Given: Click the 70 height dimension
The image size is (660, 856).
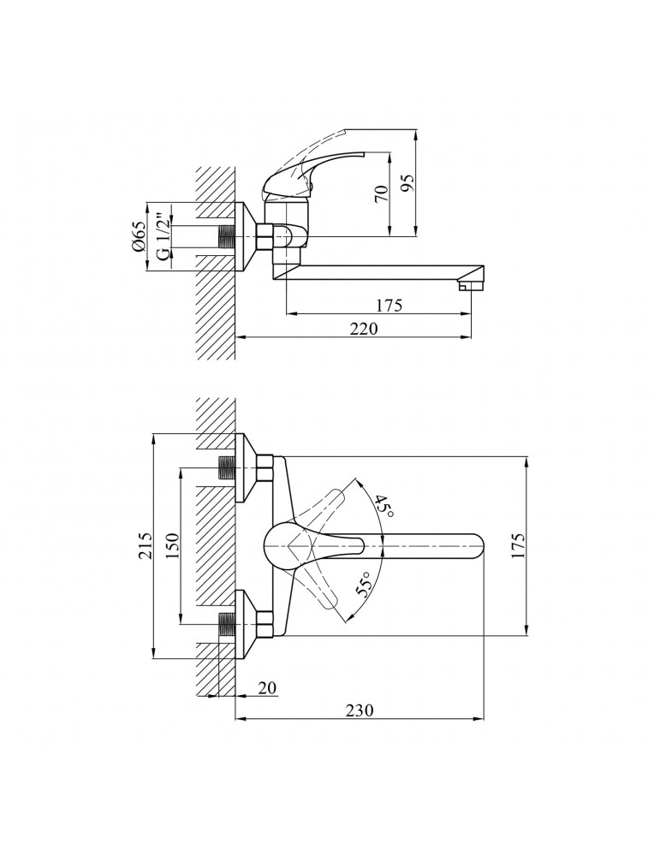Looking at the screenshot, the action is coord(382,193).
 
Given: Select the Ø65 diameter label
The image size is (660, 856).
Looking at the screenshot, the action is coord(138,236).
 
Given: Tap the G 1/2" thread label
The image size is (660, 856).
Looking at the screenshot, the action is coord(162,238).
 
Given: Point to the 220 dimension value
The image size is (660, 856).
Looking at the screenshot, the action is coord(363,329).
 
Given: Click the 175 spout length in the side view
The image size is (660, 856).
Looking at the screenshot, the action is coord(388,305).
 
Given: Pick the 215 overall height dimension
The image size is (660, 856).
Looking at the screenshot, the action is coord(144,546).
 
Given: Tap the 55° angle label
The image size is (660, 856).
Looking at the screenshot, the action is coord(364,584).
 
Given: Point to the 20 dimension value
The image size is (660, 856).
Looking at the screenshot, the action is coord(267,688).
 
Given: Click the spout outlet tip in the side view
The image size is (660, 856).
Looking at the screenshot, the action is coord(472,285).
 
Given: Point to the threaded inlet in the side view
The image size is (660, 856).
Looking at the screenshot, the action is coord(226,237).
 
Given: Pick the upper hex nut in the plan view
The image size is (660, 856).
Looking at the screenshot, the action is coord(265,468).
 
